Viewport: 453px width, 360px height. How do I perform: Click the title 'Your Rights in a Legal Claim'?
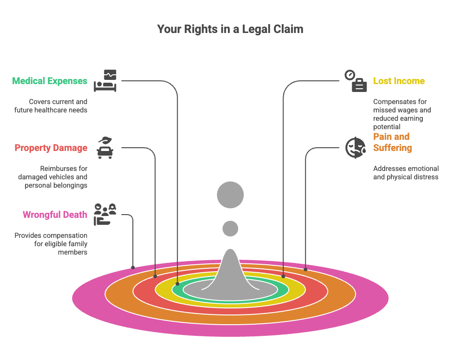pyautogui.click(x=230, y=29)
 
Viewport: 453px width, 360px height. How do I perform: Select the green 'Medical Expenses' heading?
pyautogui.click(x=50, y=81)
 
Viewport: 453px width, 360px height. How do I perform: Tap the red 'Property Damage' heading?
pyautogui.click(x=51, y=148)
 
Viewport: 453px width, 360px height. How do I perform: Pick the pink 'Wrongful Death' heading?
pyautogui.click(x=55, y=215)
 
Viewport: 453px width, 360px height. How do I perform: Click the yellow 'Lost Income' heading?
pyautogui.click(x=399, y=81)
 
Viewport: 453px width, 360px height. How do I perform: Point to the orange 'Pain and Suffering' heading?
pyautogui.click(x=392, y=142)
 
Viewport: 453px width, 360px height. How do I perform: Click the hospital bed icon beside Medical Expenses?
pyautogui.click(x=105, y=81)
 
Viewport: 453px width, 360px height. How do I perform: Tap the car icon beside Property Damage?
pyautogui.click(x=104, y=148)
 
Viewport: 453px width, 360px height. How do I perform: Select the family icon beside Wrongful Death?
pyautogui.click(x=104, y=214)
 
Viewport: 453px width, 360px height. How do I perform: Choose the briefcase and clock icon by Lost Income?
pyautogui.click(x=356, y=81)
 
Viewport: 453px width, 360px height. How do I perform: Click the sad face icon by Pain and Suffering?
pyautogui.click(x=355, y=147)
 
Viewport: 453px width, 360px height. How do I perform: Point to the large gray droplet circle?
pyautogui.click(x=230, y=195)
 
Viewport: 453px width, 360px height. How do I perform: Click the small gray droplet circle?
pyautogui.click(x=230, y=229)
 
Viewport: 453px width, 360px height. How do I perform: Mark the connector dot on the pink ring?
pyautogui.click(x=133, y=268)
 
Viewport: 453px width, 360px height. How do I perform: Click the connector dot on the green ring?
pyautogui.click(x=177, y=283)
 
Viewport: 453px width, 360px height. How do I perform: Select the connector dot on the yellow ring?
pyautogui.click(x=283, y=276)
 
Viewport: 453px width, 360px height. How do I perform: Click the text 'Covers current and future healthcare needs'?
pyautogui.click(x=58, y=105)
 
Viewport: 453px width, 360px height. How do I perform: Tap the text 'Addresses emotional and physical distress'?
pyautogui.click(x=406, y=172)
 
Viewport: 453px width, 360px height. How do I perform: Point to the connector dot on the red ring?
pyautogui.click(x=155, y=276)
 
